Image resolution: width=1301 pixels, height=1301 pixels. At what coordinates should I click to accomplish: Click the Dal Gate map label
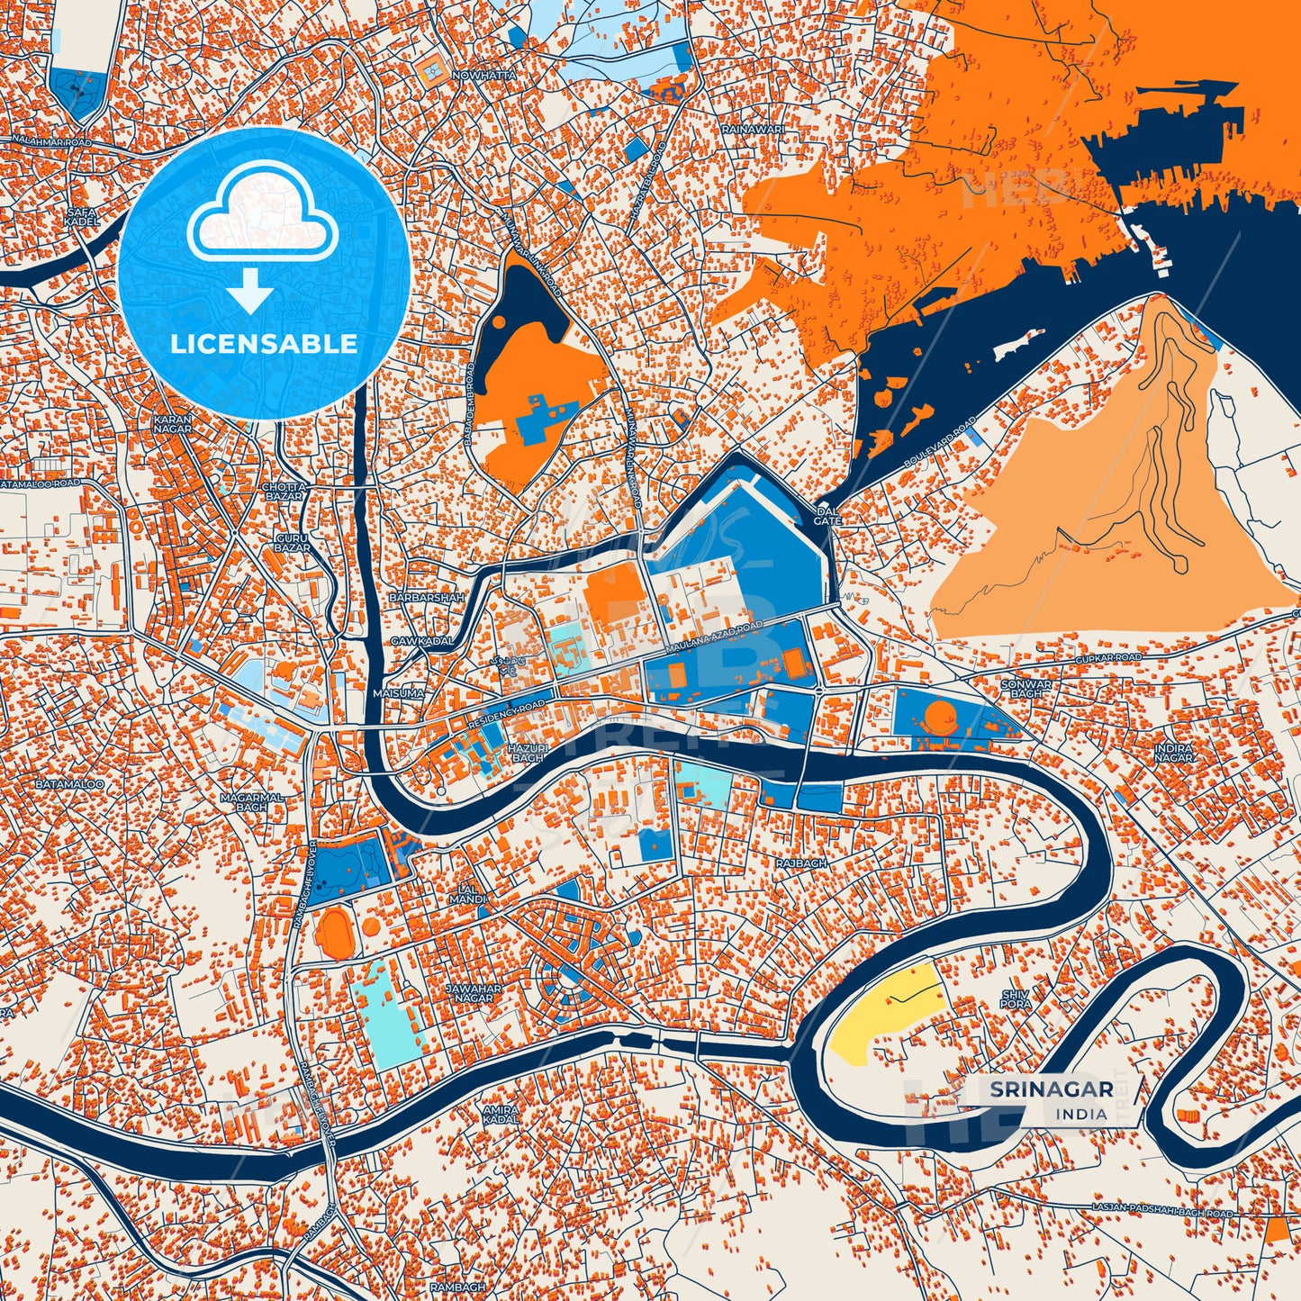pyautogui.click(x=827, y=516)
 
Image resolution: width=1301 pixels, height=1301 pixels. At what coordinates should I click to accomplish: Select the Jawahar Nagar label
pyautogui.click(x=474, y=992)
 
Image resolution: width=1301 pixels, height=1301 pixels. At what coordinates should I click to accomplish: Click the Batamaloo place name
pyautogui.click(x=69, y=785)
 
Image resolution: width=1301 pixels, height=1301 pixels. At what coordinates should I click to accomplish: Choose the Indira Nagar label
pyautogui.click(x=1174, y=753)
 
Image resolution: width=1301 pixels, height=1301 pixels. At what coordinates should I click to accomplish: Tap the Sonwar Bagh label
pyautogui.click(x=1026, y=689)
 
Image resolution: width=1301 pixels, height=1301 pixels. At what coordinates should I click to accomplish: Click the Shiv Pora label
pyautogui.click(x=1015, y=998)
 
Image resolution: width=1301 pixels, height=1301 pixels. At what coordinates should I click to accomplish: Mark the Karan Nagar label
pyautogui.click(x=172, y=424)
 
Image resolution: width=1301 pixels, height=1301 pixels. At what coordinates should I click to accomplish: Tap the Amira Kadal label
pyautogui.click(x=501, y=1115)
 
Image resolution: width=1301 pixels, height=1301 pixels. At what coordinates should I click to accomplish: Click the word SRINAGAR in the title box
pyautogui.click(x=1051, y=1089)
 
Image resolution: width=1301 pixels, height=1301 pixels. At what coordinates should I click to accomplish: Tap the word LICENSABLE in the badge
pyautogui.click(x=263, y=344)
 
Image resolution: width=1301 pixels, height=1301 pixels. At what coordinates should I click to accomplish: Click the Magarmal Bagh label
pyautogui.click(x=252, y=802)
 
